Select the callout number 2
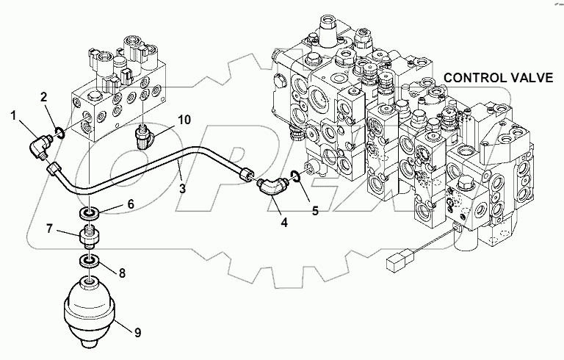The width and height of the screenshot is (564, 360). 43,97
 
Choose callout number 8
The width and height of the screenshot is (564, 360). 122,273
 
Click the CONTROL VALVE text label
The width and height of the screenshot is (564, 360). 499,78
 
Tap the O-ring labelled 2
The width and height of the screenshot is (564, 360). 59,132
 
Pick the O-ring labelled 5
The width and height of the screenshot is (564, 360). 294,175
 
